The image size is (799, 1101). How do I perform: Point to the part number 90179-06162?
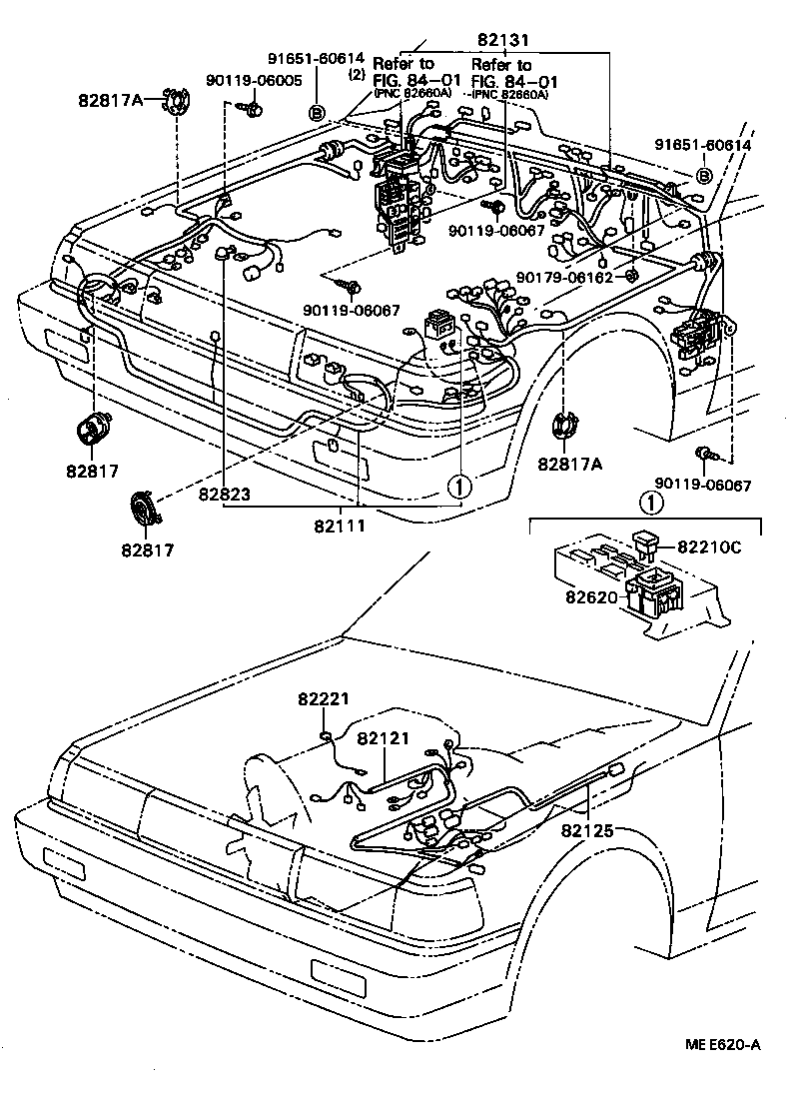click(564, 277)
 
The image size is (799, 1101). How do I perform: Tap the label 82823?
click(224, 494)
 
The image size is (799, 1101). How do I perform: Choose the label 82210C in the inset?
click(710, 547)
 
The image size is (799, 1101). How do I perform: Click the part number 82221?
click(323, 700)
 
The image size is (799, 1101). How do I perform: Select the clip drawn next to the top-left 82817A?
click(176, 102)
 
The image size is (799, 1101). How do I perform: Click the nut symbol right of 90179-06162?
click(631, 276)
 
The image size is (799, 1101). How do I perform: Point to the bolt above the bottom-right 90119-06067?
click(707, 455)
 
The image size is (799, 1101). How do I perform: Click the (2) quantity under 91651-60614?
click(355, 74)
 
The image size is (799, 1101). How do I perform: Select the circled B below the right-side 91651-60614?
click(703, 176)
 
